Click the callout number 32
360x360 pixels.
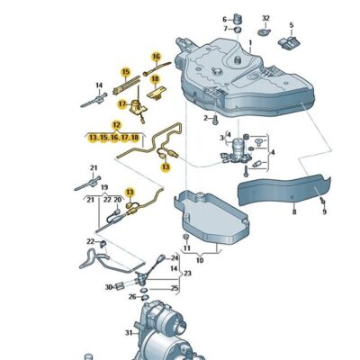tap(265, 18)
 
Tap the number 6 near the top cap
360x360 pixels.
tap(225, 18)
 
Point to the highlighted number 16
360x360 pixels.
tap(156, 57)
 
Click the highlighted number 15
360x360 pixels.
tap(126, 72)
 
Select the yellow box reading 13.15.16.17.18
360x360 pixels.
tap(113, 138)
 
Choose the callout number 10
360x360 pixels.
tap(201, 260)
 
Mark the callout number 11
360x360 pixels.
tap(186, 247)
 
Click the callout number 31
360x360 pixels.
tap(129, 334)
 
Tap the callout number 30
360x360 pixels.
tap(108, 287)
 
